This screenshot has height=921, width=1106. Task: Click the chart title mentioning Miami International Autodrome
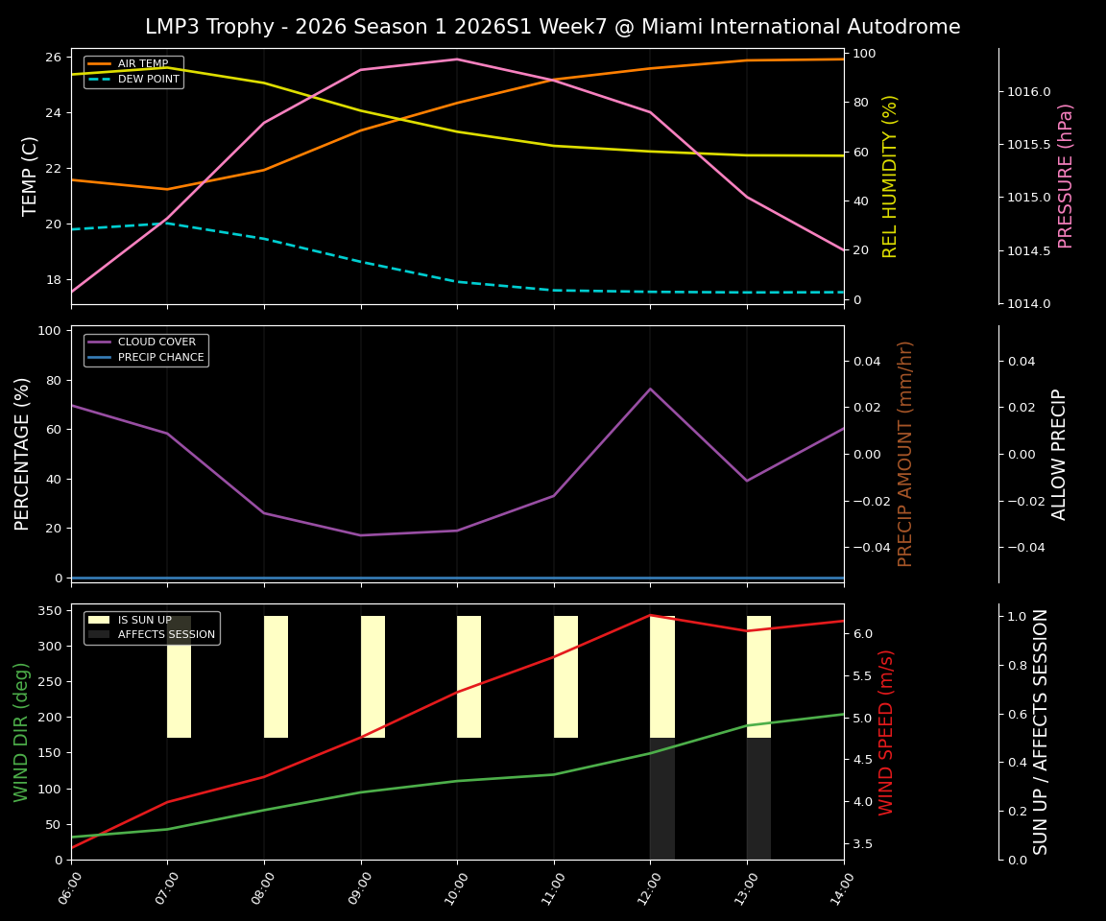(x=552, y=27)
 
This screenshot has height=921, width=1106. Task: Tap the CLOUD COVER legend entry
(x=156, y=342)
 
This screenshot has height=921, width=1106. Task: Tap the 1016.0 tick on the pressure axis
(x=1028, y=92)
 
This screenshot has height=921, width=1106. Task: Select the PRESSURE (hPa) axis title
(x=1065, y=176)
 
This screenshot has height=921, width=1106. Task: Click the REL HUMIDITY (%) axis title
(x=890, y=176)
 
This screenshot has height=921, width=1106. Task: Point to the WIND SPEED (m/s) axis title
(x=887, y=731)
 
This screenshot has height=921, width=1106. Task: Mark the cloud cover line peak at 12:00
(x=650, y=389)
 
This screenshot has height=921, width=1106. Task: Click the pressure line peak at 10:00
(x=457, y=59)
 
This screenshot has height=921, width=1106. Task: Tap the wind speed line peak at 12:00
(x=650, y=615)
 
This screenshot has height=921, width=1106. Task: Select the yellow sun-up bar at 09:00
(x=373, y=676)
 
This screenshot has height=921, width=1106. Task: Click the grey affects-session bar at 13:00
(x=758, y=798)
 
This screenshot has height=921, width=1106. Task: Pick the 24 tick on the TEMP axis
(x=53, y=113)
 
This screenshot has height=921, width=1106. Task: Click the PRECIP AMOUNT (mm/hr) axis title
(x=905, y=453)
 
